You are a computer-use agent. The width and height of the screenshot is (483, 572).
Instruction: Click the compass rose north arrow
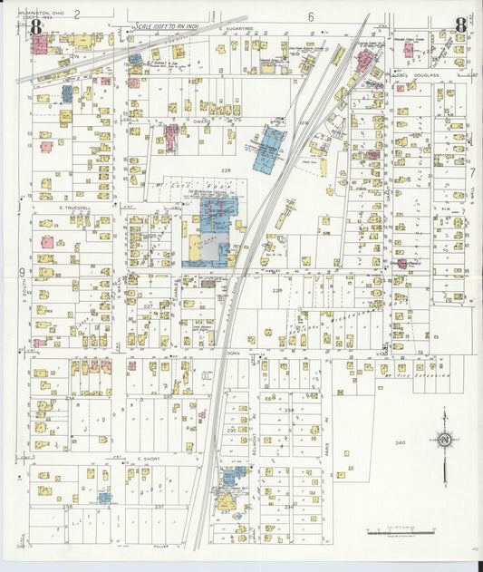point(444,441)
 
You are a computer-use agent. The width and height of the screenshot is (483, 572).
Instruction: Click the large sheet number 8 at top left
point(36,26)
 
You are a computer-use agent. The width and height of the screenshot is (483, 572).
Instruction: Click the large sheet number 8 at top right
point(461,25)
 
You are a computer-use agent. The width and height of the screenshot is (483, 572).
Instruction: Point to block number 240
point(399,442)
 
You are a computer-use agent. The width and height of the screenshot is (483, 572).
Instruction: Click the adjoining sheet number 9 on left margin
point(21,273)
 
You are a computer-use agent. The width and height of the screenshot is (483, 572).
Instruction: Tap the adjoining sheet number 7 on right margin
point(471,172)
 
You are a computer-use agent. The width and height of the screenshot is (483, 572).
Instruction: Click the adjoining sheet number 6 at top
point(310,16)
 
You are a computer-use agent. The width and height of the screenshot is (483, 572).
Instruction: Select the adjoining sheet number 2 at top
point(78,14)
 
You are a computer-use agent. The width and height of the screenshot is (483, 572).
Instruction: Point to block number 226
point(226,170)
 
